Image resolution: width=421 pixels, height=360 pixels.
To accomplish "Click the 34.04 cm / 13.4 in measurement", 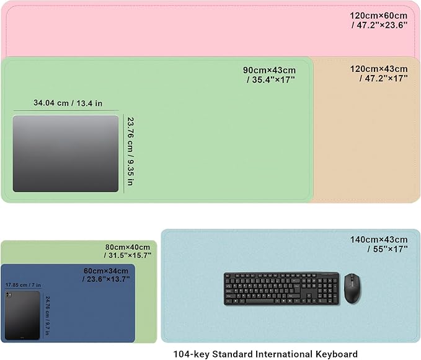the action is [68, 103].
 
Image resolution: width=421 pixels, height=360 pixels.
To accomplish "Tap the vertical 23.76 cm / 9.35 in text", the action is [130, 151].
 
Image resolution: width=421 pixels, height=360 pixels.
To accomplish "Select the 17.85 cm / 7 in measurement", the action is [24, 285].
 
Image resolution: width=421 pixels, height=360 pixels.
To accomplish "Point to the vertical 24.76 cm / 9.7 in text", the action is [47, 316].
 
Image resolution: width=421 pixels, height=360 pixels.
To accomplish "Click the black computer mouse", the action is [353, 288].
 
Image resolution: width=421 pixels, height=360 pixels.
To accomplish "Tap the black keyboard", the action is [281, 289].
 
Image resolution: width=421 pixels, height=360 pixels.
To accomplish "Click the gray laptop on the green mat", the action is [66, 154].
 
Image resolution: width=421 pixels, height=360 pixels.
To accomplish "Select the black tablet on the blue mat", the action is [22, 315].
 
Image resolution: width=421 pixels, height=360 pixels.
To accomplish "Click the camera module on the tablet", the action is [9, 295].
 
